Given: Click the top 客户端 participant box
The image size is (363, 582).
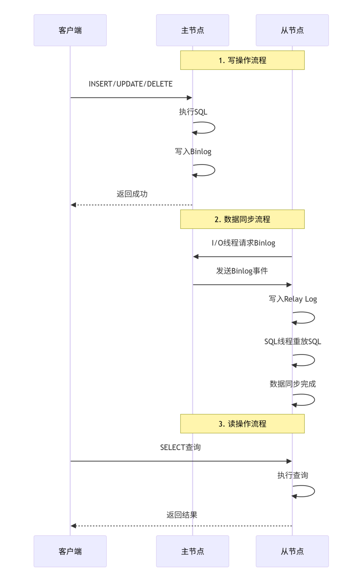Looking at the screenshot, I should (x=70, y=30).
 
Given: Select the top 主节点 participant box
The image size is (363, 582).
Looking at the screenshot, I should (x=193, y=30).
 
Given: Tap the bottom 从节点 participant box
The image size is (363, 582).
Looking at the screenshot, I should (x=292, y=551).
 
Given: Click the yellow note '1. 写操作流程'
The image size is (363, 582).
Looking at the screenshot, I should (x=242, y=60).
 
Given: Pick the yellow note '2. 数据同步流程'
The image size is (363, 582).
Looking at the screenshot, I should (x=242, y=219).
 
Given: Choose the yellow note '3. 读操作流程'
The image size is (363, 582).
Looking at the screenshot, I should (x=242, y=424).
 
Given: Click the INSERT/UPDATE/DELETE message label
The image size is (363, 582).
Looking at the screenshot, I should (x=131, y=84).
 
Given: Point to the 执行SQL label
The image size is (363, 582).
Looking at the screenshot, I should (x=193, y=112).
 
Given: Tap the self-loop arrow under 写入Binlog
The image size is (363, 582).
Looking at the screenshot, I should (x=208, y=170).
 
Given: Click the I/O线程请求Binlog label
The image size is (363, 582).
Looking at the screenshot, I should (x=243, y=243).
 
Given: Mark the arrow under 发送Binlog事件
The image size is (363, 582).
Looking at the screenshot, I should (x=242, y=285).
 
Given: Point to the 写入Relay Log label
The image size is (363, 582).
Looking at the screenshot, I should (x=293, y=299).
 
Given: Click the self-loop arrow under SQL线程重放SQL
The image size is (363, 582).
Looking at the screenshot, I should (x=308, y=360).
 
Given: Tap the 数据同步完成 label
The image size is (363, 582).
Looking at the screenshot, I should (x=293, y=384).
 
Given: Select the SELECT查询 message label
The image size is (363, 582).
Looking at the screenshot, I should (x=180, y=447).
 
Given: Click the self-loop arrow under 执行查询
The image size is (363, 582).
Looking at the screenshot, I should (x=308, y=491).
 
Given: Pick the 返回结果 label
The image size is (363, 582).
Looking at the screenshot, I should (x=182, y=515).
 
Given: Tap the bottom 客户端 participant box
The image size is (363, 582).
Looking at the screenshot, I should (x=70, y=551).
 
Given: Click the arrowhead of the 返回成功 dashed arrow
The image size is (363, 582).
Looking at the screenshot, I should (x=73, y=205).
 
